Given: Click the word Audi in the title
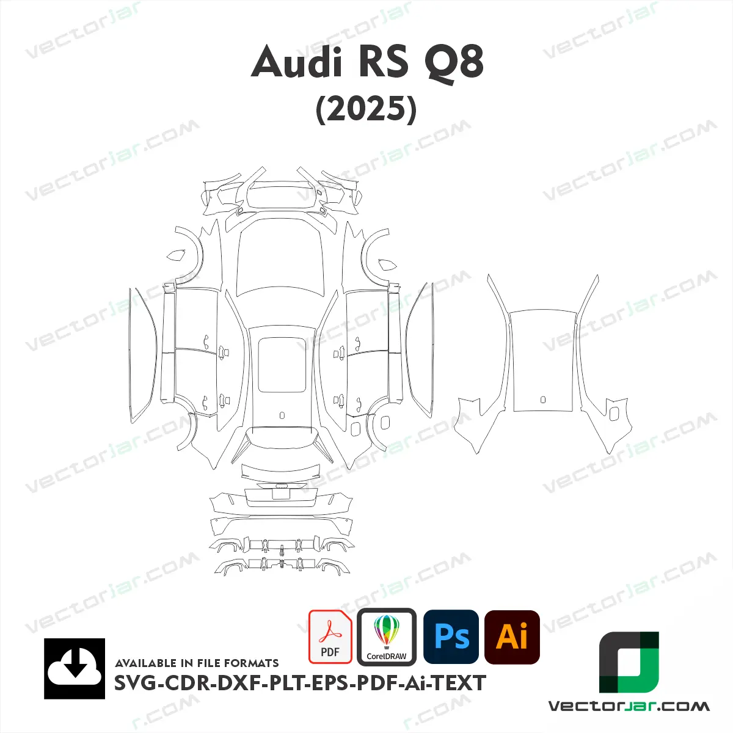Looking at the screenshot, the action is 296,61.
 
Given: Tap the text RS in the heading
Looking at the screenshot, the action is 383,61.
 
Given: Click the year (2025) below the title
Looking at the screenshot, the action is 366,109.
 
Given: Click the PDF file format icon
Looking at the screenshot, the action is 330,636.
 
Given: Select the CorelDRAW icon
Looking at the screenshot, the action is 387,636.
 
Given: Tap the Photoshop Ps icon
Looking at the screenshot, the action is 451,636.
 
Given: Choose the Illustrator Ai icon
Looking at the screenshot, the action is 512,637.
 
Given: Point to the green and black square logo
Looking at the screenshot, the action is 629,662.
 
